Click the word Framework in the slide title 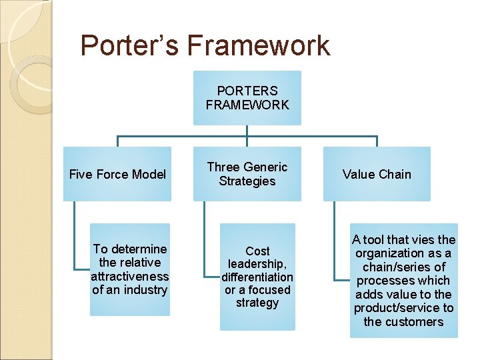coord(258,45)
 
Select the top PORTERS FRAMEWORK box coord(247,97)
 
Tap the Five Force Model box coord(117,174)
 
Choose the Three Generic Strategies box coord(247,174)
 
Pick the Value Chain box coord(377,174)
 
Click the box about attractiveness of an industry coord(130,269)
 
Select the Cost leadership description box coord(257,277)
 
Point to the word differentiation coord(257,277)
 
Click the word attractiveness coord(130,276)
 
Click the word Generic coord(265,167)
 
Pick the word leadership coord(257,264)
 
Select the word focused coord(270,290)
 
